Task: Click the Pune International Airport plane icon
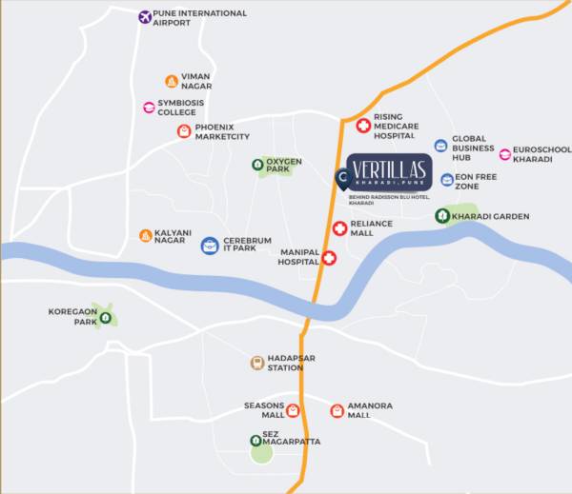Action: tap(145, 17)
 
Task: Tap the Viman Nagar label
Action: tap(195, 82)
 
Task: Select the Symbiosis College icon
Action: tap(149, 108)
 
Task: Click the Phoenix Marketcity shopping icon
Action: tap(184, 131)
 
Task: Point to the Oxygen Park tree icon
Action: tap(258, 165)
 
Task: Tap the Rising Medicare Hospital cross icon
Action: tap(363, 126)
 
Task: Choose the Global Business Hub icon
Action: tap(440, 146)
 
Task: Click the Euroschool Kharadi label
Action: tap(541, 154)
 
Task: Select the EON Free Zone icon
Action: tap(446, 180)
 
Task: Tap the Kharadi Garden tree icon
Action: tap(442, 216)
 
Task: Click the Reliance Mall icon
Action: tap(340, 227)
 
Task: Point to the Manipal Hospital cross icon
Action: tap(329, 258)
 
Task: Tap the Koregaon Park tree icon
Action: tap(105, 318)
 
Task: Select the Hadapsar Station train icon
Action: tap(256, 363)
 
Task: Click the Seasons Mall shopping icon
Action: tap(293, 411)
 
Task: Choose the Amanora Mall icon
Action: tap(337, 410)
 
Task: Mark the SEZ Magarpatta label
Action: tap(293, 441)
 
